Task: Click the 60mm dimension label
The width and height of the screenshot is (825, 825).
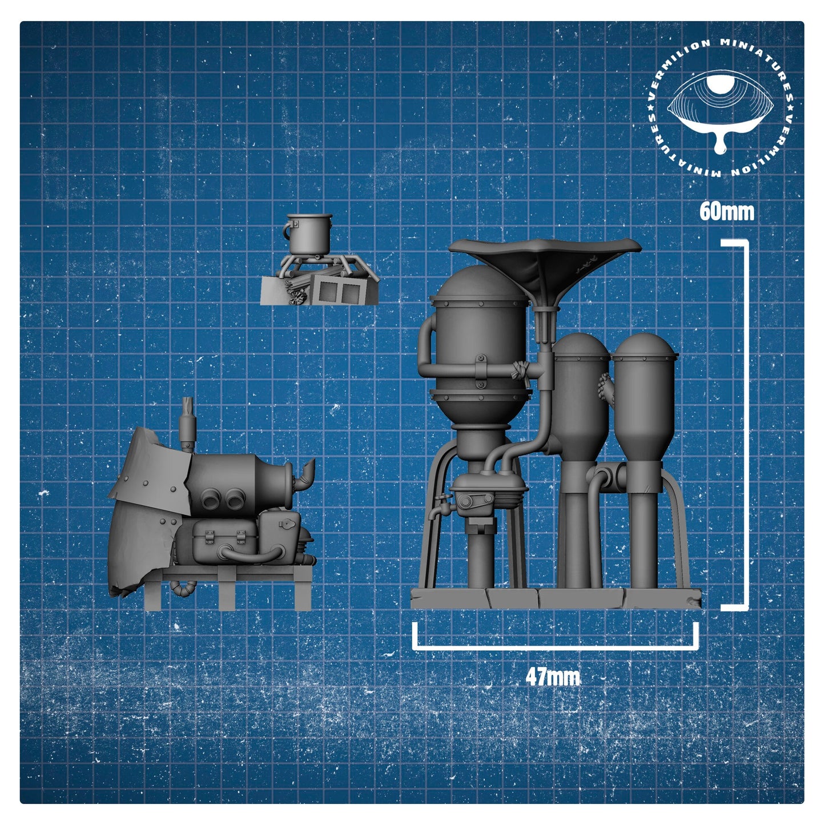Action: tap(726, 211)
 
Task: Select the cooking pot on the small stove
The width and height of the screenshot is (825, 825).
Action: tap(308, 234)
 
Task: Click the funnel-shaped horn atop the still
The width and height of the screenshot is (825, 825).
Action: tap(545, 269)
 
